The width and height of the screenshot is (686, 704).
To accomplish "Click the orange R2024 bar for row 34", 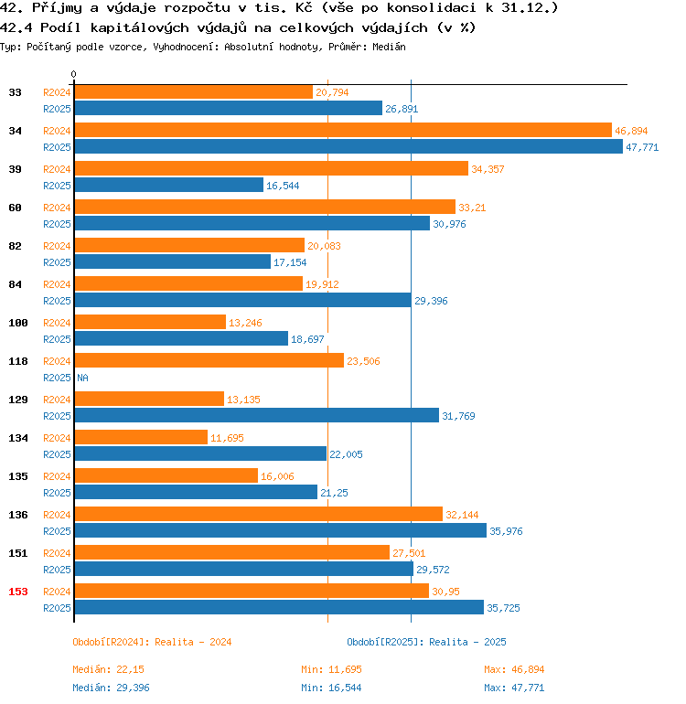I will (x=342, y=130).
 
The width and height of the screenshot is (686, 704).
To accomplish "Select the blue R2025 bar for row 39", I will (x=168, y=185).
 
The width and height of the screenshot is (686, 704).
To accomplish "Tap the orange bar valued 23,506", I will (x=209, y=360).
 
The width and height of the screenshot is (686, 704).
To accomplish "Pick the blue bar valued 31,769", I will (x=256, y=415).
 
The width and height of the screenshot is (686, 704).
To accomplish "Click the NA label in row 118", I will (x=82, y=378).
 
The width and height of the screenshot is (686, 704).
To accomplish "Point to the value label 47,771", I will (x=642, y=147).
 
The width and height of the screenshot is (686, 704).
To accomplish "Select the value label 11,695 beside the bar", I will (x=228, y=438).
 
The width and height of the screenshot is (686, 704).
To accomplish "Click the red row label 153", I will (x=18, y=592).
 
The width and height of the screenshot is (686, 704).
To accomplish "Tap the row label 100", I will (x=18, y=323).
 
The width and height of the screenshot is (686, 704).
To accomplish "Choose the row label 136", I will (x=18, y=515).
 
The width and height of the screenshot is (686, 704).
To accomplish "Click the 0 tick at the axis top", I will (x=74, y=74).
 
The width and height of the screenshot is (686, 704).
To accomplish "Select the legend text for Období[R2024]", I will (x=152, y=642).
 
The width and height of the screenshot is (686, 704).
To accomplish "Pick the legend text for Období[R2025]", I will (x=426, y=642).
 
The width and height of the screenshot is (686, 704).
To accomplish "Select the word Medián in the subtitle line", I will (x=389, y=46).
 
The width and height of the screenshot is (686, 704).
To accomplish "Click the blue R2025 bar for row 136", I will (x=280, y=530).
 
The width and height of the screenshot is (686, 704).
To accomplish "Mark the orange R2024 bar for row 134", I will (x=141, y=437).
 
